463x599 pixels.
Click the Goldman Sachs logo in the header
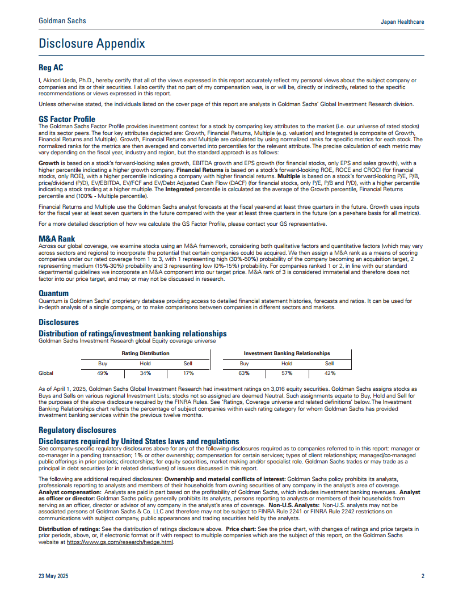click(62, 20)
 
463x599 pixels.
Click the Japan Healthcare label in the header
click(402, 22)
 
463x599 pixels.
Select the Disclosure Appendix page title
click(91, 44)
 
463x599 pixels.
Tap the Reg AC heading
click(51, 68)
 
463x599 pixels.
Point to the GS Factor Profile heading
click(67, 119)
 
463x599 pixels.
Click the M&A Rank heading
click(57, 239)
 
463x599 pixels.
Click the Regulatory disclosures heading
click(77, 430)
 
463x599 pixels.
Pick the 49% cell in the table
click(102, 373)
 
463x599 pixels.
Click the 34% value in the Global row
click(145, 373)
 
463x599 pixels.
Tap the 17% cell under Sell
click(188, 373)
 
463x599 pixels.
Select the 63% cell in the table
click(244, 373)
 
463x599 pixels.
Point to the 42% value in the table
click(330, 373)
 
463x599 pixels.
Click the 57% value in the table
click(287, 373)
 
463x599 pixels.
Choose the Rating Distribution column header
click(145, 353)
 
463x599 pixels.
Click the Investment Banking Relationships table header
click(287, 353)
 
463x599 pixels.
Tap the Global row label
click(46, 373)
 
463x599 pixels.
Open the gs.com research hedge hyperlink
click(120, 542)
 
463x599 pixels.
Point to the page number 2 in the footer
click(423, 576)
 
